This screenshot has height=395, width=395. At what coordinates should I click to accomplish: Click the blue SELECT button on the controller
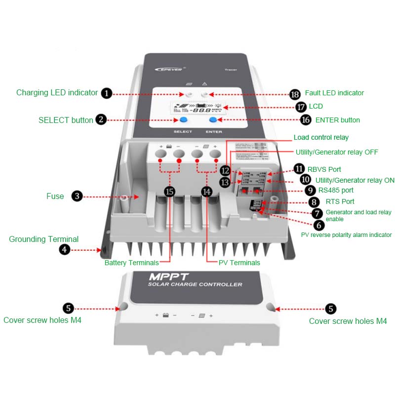[183, 120]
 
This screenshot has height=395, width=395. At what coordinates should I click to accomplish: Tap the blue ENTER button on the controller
[214, 120]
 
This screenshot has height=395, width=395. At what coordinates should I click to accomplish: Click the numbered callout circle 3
[77, 196]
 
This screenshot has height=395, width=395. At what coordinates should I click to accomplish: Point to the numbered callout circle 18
[295, 94]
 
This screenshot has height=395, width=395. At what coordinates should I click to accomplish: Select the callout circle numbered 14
[207, 192]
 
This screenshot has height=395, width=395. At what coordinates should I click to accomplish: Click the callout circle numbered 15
[169, 192]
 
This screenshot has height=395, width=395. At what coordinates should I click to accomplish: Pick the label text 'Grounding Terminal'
[43, 239]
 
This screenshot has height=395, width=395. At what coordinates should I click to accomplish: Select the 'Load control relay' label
[321, 137]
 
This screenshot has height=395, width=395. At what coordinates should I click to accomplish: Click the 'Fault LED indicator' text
[334, 93]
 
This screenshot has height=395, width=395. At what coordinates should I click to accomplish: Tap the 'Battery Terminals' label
[132, 263]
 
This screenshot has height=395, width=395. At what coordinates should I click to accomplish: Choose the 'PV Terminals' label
[239, 263]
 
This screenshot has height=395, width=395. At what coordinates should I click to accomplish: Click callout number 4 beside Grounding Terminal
[65, 250]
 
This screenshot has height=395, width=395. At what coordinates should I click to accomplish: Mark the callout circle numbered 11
[299, 168]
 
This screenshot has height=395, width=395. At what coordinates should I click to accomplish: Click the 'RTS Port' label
[340, 201]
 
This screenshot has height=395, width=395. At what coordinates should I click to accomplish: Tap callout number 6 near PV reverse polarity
[319, 225]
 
